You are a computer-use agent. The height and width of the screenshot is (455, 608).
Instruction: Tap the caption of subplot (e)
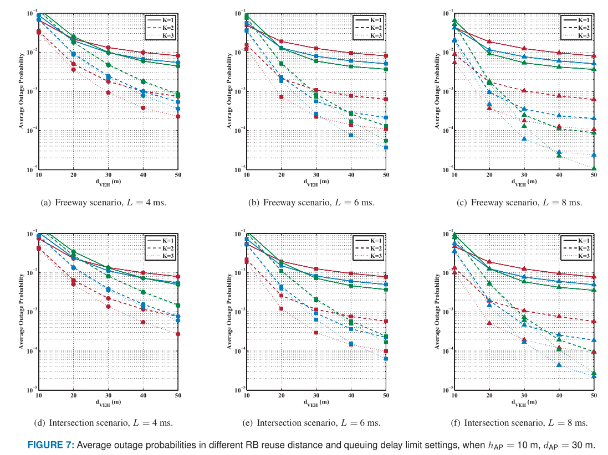click(312, 422)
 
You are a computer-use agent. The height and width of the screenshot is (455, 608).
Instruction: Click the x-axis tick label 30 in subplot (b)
click(316, 175)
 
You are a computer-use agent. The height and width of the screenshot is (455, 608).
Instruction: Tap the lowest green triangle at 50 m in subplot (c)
click(594, 168)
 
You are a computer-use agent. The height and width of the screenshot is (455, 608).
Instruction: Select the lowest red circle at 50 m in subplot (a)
click(178, 116)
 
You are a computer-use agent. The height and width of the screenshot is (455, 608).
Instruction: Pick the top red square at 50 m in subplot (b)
click(386, 56)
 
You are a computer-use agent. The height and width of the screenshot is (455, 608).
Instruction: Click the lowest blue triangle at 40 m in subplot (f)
click(559, 364)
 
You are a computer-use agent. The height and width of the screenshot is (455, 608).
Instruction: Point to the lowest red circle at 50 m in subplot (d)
click(178, 334)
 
